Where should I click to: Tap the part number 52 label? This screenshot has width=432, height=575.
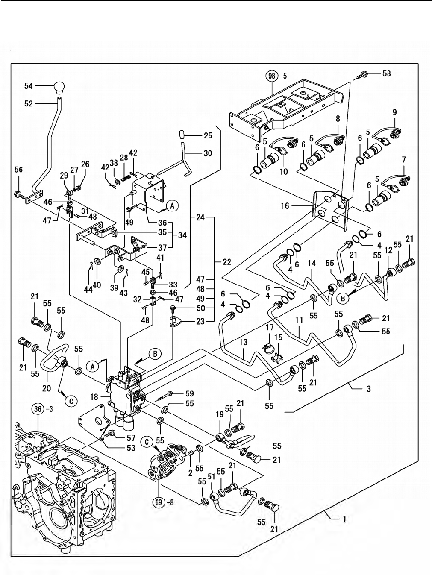pos(28,103)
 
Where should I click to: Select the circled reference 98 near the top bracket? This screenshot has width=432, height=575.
pos(272,76)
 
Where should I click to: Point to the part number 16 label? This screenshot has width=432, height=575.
pos(285,206)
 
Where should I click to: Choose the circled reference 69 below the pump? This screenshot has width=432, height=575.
pos(159,503)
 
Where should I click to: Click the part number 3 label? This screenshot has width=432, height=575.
pos(368,389)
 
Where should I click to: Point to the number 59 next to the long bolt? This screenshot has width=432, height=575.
pos(190,393)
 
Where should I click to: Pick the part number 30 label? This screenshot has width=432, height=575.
pos(207,153)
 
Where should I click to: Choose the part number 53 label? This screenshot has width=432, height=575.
pos(131,448)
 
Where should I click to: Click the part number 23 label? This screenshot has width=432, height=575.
pos(200,322)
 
